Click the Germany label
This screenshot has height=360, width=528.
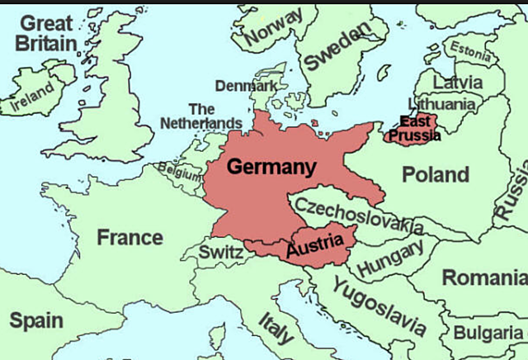(x=271, y=167)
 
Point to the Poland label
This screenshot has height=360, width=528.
(x=436, y=174)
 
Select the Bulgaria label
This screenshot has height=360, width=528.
(x=487, y=333)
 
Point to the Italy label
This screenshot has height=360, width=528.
(x=276, y=327)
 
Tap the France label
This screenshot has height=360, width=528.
(x=130, y=238)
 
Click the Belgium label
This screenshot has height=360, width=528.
(x=179, y=174)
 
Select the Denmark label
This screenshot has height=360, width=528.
(x=246, y=85)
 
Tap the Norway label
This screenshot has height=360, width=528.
(x=274, y=28)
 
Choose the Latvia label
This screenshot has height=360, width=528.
(x=458, y=83)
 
